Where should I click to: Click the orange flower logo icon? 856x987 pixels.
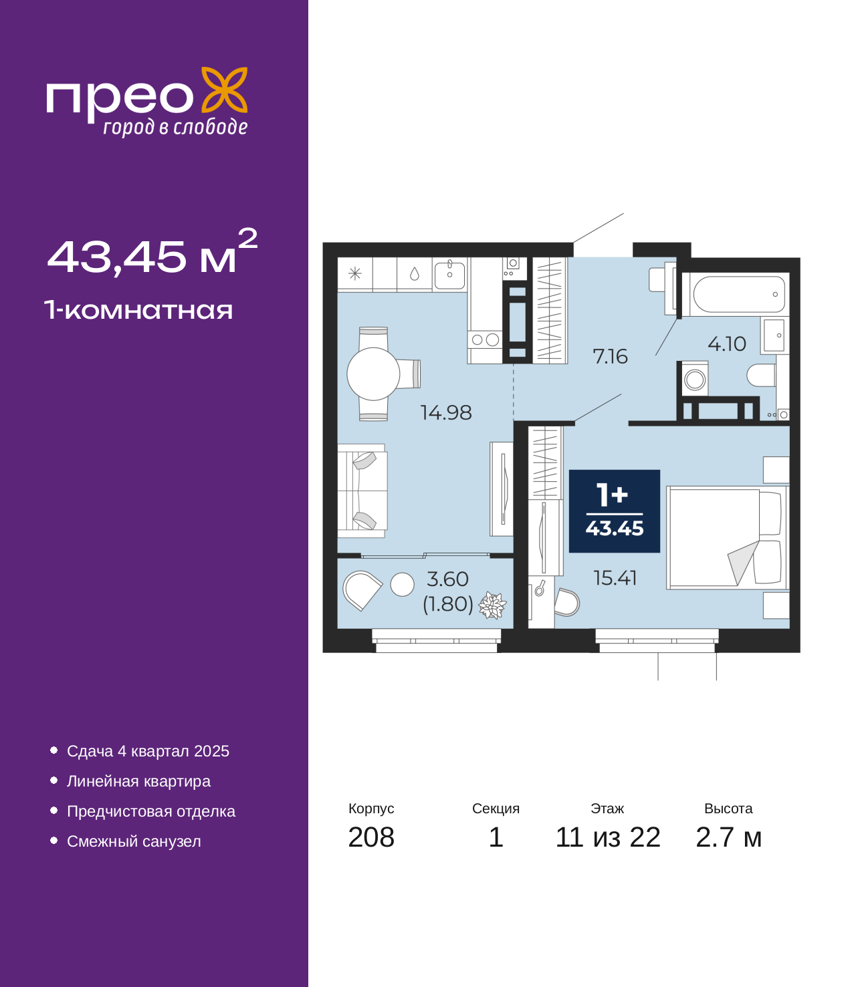click(224, 90)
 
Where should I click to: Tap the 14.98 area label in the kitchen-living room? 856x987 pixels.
click(446, 412)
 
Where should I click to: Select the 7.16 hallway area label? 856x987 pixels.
click(611, 357)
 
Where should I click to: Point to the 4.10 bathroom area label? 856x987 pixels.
click(726, 343)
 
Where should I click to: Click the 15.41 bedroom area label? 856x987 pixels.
click(615, 578)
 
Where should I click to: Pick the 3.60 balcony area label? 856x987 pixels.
click(447, 579)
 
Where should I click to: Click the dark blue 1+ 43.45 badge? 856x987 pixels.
click(614, 511)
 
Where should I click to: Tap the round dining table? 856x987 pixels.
click(373, 374)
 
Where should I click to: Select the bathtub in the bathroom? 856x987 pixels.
click(738, 295)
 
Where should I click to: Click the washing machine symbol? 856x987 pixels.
click(694, 380)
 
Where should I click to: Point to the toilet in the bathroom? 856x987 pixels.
click(761, 376)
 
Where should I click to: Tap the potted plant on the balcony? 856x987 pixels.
click(492, 605)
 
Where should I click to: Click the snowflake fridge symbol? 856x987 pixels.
click(354, 273)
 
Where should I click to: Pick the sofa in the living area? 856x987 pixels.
click(362, 491)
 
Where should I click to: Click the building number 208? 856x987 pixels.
click(371, 837)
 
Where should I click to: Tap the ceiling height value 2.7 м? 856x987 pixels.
click(728, 837)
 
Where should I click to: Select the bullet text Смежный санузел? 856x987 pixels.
click(134, 841)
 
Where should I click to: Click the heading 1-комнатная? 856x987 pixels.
click(138, 310)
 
